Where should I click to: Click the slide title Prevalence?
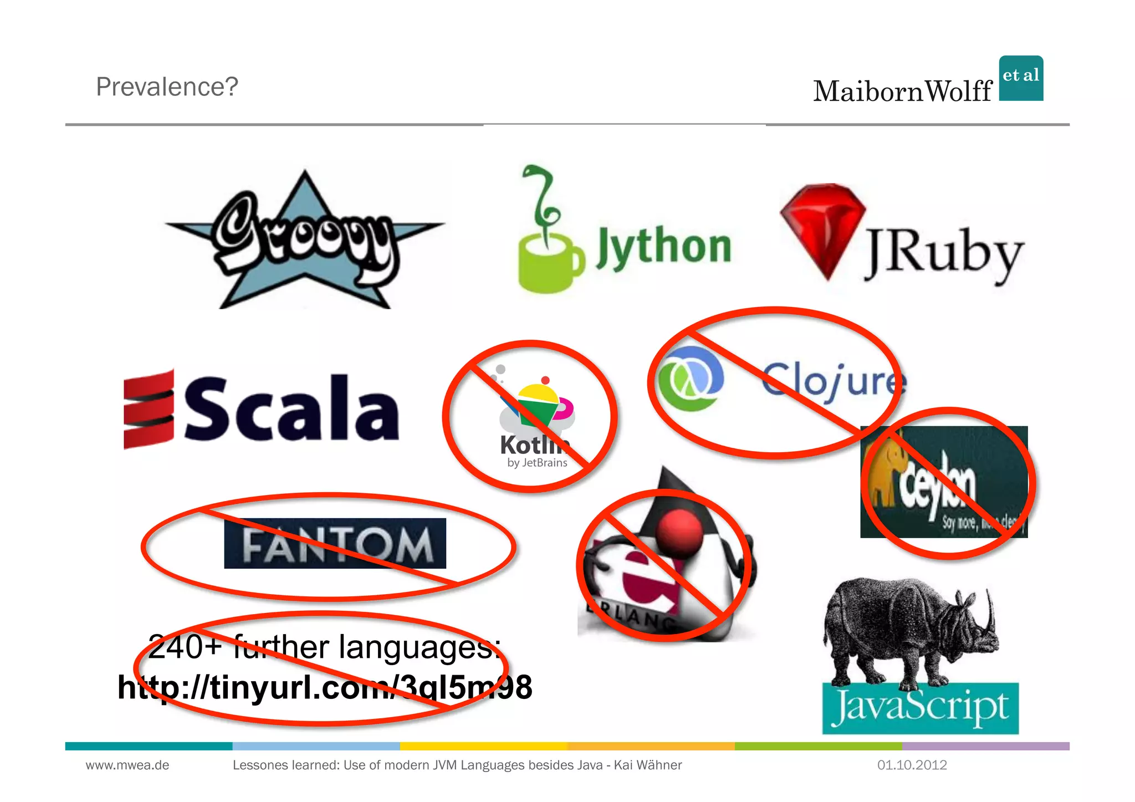tap(167, 86)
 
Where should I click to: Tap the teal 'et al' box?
tap(1021, 78)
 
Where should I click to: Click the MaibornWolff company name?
tap(902, 91)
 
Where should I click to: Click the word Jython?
tap(663, 248)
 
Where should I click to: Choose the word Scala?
tap(291, 408)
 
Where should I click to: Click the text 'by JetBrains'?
tap(537, 463)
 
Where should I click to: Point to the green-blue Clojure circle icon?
tap(690, 379)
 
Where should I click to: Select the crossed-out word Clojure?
tap(834, 381)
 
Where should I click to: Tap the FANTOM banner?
tap(335, 543)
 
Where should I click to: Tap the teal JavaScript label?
tap(920, 708)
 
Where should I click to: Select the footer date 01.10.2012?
tap(912, 765)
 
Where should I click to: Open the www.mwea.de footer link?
tap(127, 765)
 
